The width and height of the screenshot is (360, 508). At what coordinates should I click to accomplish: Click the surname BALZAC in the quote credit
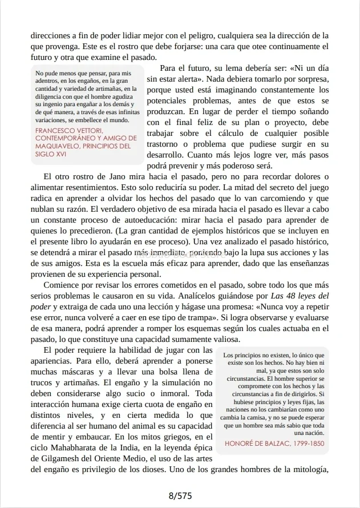point(282,443)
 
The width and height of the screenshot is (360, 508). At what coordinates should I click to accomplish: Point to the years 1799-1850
point(310,443)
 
